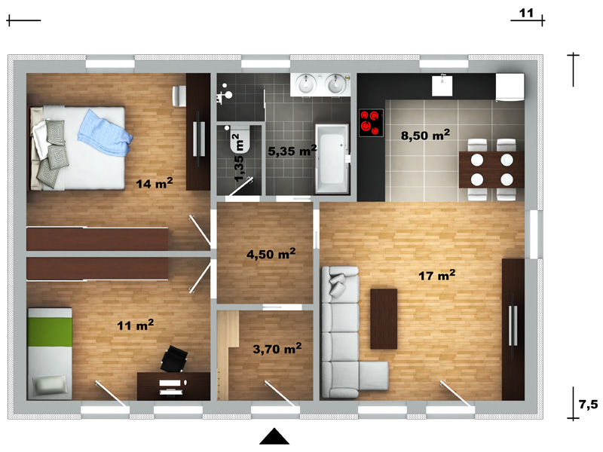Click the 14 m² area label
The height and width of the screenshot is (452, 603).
click(x=155, y=183)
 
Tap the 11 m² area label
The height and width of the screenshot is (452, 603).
click(x=136, y=325)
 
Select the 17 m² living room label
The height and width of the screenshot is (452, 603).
click(x=437, y=275)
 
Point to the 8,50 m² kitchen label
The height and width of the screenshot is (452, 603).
click(x=425, y=135)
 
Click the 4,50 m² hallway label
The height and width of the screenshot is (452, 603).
click(x=271, y=254)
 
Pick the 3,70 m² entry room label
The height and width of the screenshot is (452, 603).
click(x=277, y=349)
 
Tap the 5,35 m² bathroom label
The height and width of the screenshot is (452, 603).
click(x=292, y=151)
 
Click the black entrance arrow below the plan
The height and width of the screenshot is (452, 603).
click(x=274, y=437)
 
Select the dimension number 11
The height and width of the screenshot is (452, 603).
click(x=526, y=13)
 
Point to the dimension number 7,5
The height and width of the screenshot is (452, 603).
click(x=589, y=405)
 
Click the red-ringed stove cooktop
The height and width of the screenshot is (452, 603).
click(x=371, y=123)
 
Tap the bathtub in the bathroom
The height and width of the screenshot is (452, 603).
click(x=332, y=159)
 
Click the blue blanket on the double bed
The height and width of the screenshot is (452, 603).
click(x=105, y=133)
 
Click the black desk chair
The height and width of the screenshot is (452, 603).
click(x=175, y=359)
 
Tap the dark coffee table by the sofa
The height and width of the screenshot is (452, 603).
click(x=384, y=319)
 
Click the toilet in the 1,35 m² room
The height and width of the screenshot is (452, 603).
click(x=240, y=139)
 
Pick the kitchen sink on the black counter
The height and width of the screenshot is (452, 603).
click(x=442, y=85)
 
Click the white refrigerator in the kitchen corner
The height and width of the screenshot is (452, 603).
click(x=510, y=87)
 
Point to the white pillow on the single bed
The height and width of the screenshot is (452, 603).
click(x=50, y=386)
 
